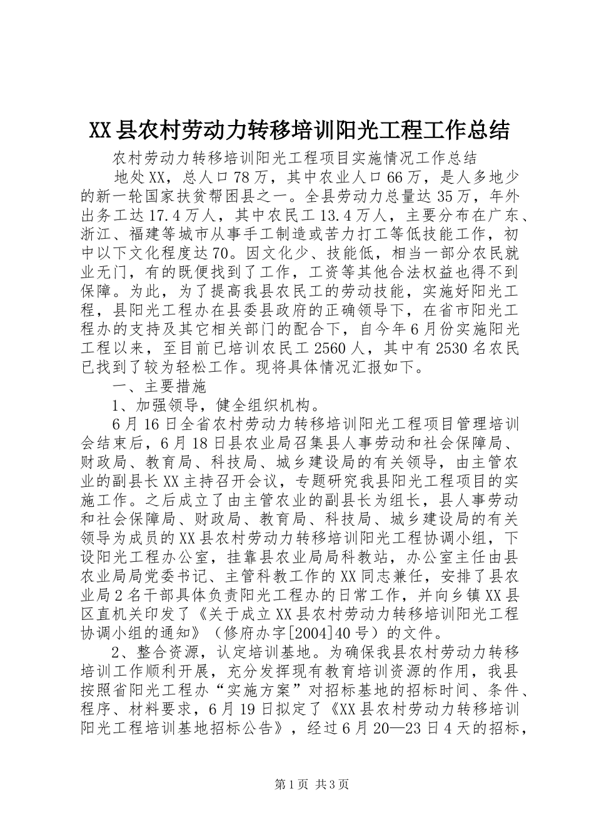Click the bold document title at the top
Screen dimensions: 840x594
299,131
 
